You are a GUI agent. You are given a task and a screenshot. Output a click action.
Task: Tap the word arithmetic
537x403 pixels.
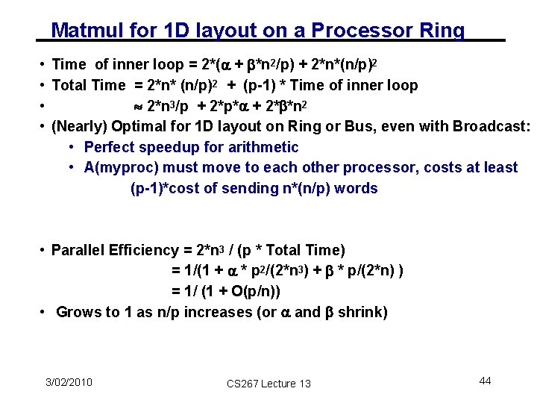coord(261,147)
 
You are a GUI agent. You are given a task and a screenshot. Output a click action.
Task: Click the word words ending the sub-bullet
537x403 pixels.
coord(357,188)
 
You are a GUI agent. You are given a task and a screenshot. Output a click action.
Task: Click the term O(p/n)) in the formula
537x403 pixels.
coord(255,291)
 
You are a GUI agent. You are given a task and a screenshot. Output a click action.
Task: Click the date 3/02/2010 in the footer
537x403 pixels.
coord(69,382)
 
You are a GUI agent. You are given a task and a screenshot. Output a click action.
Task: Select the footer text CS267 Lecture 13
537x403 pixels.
coord(268,384)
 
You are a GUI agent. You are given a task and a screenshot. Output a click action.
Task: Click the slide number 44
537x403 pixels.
coord(485,381)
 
